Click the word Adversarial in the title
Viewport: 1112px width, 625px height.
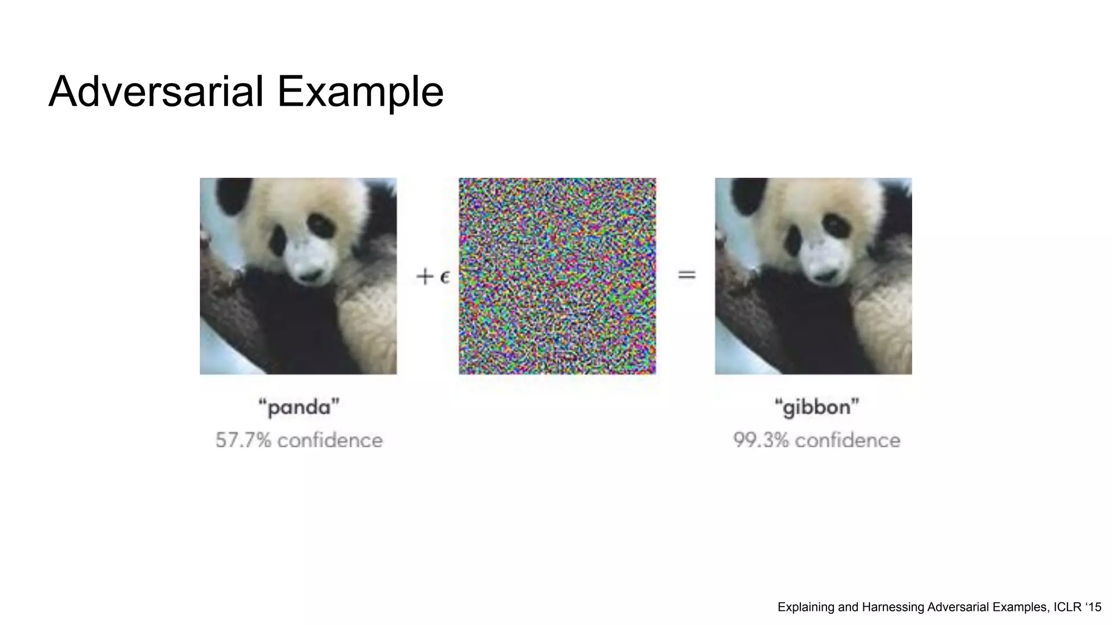tap(156, 91)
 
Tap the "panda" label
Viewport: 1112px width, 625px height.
tap(299, 407)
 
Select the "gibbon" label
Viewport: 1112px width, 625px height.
tap(817, 407)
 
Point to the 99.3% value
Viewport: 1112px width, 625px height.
tap(761, 440)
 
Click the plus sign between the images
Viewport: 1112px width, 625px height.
tap(425, 277)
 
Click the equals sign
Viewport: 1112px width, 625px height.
tap(687, 276)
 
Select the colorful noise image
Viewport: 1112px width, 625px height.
tap(557, 276)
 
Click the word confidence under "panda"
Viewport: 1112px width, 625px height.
tap(330, 440)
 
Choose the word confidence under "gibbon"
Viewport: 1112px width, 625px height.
tap(847, 440)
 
